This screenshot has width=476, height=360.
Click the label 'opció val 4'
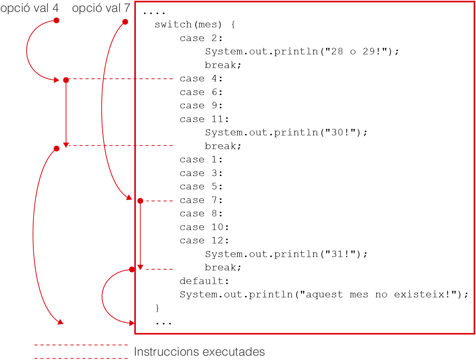[x=30, y=9]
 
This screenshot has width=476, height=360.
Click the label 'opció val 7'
[x=101, y=9]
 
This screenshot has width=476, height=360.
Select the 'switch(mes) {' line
[x=195, y=24]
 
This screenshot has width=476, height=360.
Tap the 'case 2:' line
[x=201, y=38]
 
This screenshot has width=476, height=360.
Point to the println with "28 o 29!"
[x=302, y=51]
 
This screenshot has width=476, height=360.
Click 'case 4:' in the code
[x=201, y=78]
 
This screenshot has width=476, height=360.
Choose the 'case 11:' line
[x=204, y=119]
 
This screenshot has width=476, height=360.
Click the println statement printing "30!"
[x=286, y=132]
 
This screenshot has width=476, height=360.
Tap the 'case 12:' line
[x=204, y=240]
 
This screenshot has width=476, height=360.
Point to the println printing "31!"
[x=286, y=254]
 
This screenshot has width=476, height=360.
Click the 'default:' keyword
[x=204, y=281]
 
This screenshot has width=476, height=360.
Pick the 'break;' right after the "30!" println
[x=223, y=146]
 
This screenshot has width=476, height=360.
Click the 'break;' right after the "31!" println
[x=223, y=267]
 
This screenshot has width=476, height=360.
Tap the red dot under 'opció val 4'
[x=57, y=21]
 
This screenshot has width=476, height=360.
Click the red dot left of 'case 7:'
[x=140, y=201]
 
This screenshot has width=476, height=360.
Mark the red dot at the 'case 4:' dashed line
[x=66, y=80]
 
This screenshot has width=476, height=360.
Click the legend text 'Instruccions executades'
[x=199, y=352]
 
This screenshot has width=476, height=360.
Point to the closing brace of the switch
[x=157, y=308]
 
